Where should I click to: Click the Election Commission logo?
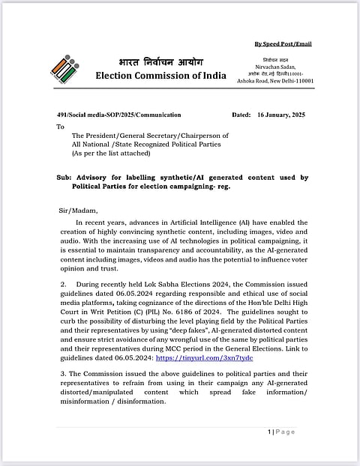coord(64,68)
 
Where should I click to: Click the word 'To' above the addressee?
coord(61,127)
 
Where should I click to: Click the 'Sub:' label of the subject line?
coord(64,178)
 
